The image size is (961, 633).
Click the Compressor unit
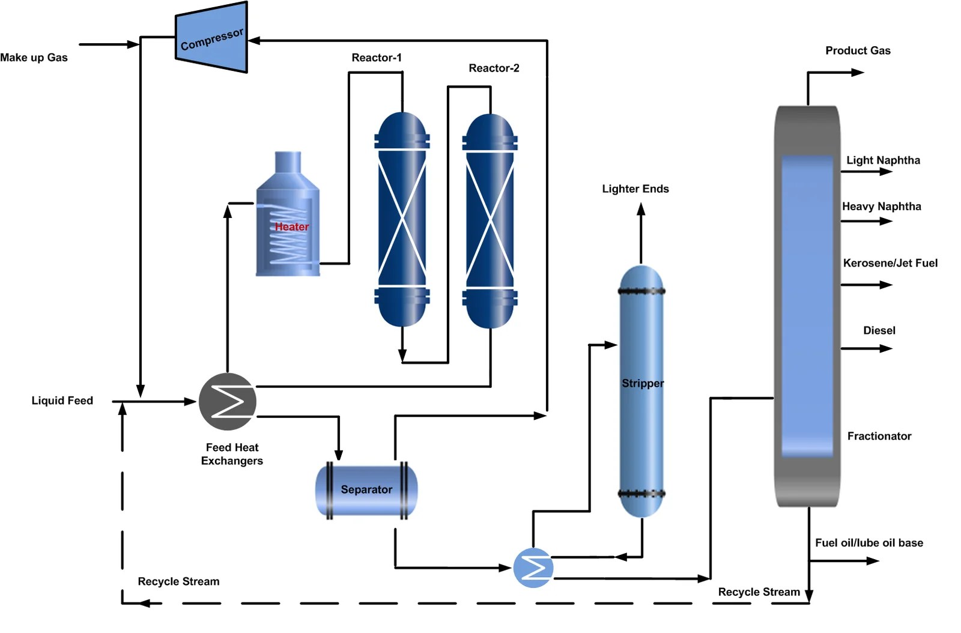211,38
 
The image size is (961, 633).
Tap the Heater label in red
292,227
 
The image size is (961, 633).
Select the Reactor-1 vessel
402,219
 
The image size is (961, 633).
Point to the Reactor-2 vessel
490,221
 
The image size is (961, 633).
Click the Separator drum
366,490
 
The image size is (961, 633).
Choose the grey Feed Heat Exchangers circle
228,402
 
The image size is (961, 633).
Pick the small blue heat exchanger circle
533,568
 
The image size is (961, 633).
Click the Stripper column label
643,383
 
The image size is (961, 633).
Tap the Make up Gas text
34,58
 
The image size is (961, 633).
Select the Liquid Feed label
62,401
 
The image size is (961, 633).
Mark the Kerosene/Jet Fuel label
890,263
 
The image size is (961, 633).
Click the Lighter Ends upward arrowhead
641,209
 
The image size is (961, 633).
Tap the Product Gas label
858,50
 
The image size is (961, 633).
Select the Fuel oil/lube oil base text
869,543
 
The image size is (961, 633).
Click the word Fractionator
879,436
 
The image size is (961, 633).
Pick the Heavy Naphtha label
881,207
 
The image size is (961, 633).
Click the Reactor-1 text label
377,58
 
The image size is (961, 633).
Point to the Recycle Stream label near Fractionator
759,592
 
